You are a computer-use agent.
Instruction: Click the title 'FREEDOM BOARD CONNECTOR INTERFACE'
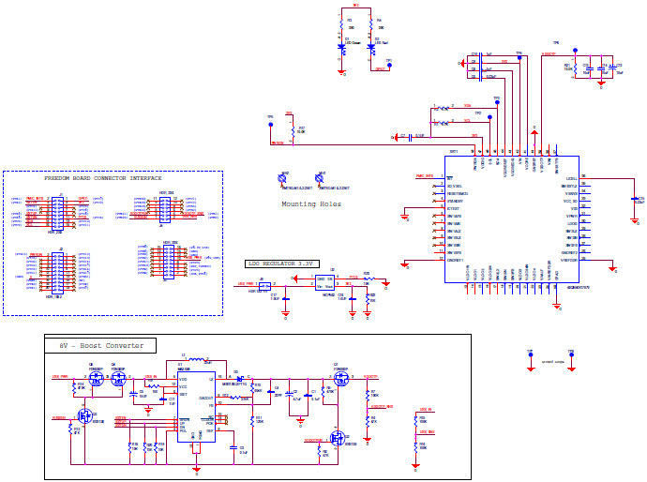[103, 177]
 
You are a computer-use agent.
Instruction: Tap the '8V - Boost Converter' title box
[101, 346]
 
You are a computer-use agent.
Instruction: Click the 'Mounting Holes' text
[311, 203]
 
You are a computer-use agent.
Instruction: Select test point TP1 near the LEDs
[389, 65]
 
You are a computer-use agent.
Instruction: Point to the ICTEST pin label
[455, 209]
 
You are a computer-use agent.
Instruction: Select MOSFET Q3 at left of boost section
[83, 414]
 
